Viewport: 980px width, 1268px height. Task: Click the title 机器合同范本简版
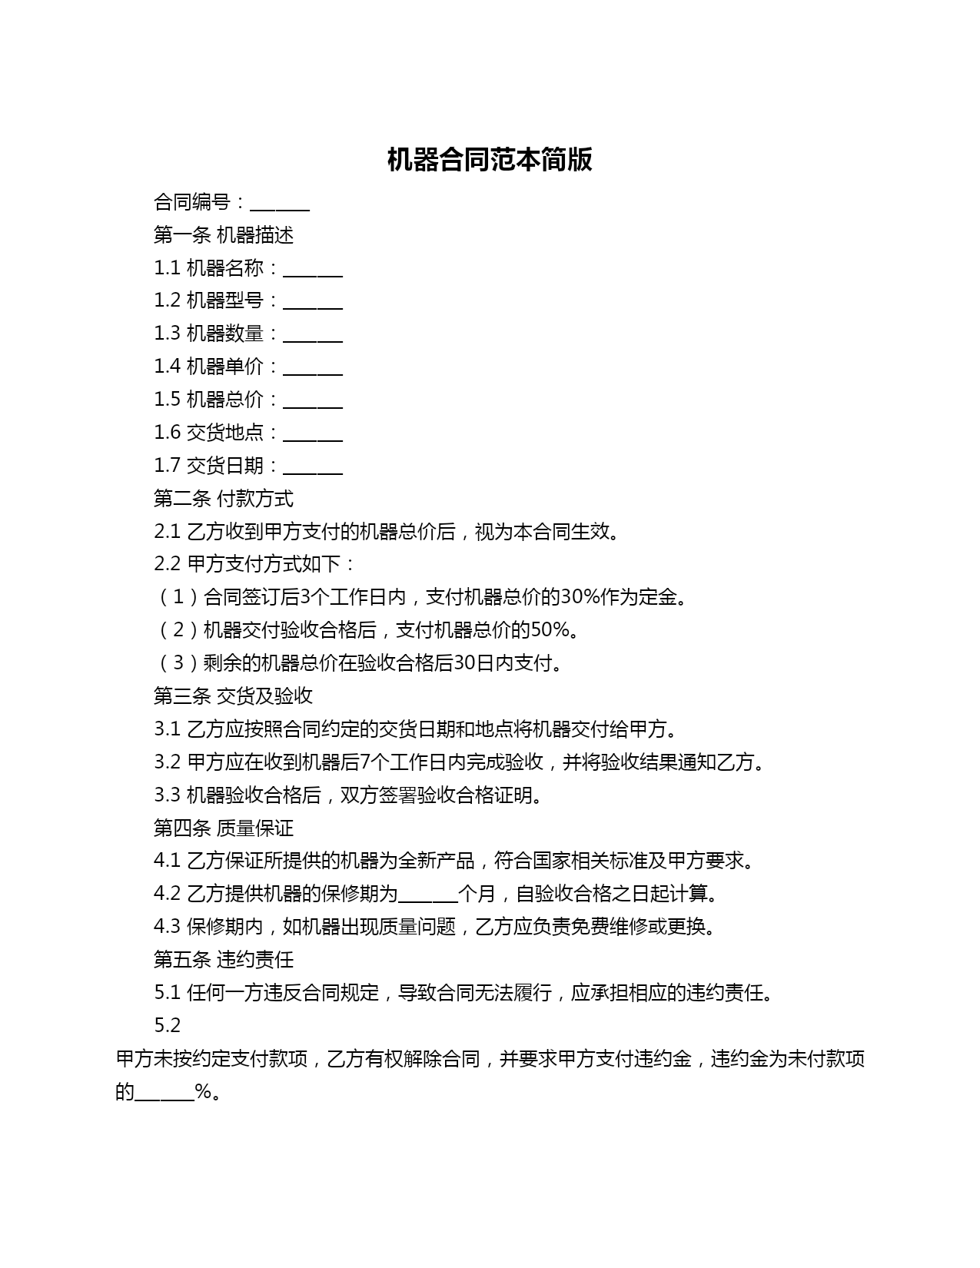pos(490,160)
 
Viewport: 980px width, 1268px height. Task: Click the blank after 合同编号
pos(280,204)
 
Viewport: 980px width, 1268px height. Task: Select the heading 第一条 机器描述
pos(224,235)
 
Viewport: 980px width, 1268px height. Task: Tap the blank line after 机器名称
pos(313,270)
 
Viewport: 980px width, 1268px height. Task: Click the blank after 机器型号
pos(313,303)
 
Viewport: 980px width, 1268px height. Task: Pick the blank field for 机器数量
pos(313,336)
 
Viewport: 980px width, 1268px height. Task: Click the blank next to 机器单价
pos(313,369)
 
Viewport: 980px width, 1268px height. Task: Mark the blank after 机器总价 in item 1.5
pos(313,402)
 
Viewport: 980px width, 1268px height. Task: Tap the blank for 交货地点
pos(313,435)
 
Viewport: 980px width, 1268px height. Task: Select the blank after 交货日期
pos(313,468)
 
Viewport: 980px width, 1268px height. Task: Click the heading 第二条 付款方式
pos(224,499)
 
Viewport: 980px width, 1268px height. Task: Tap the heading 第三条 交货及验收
pos(233,696)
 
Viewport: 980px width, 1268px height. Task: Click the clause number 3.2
pos(167,762)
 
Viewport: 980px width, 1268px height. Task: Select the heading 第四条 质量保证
pos(224,828)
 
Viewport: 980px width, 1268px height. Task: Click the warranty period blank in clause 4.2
pos(429,896)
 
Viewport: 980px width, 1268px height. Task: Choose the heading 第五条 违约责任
pos(224,960)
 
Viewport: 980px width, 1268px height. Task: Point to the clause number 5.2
pos(167,1026)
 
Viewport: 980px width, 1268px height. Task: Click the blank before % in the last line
pos(165,1094)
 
